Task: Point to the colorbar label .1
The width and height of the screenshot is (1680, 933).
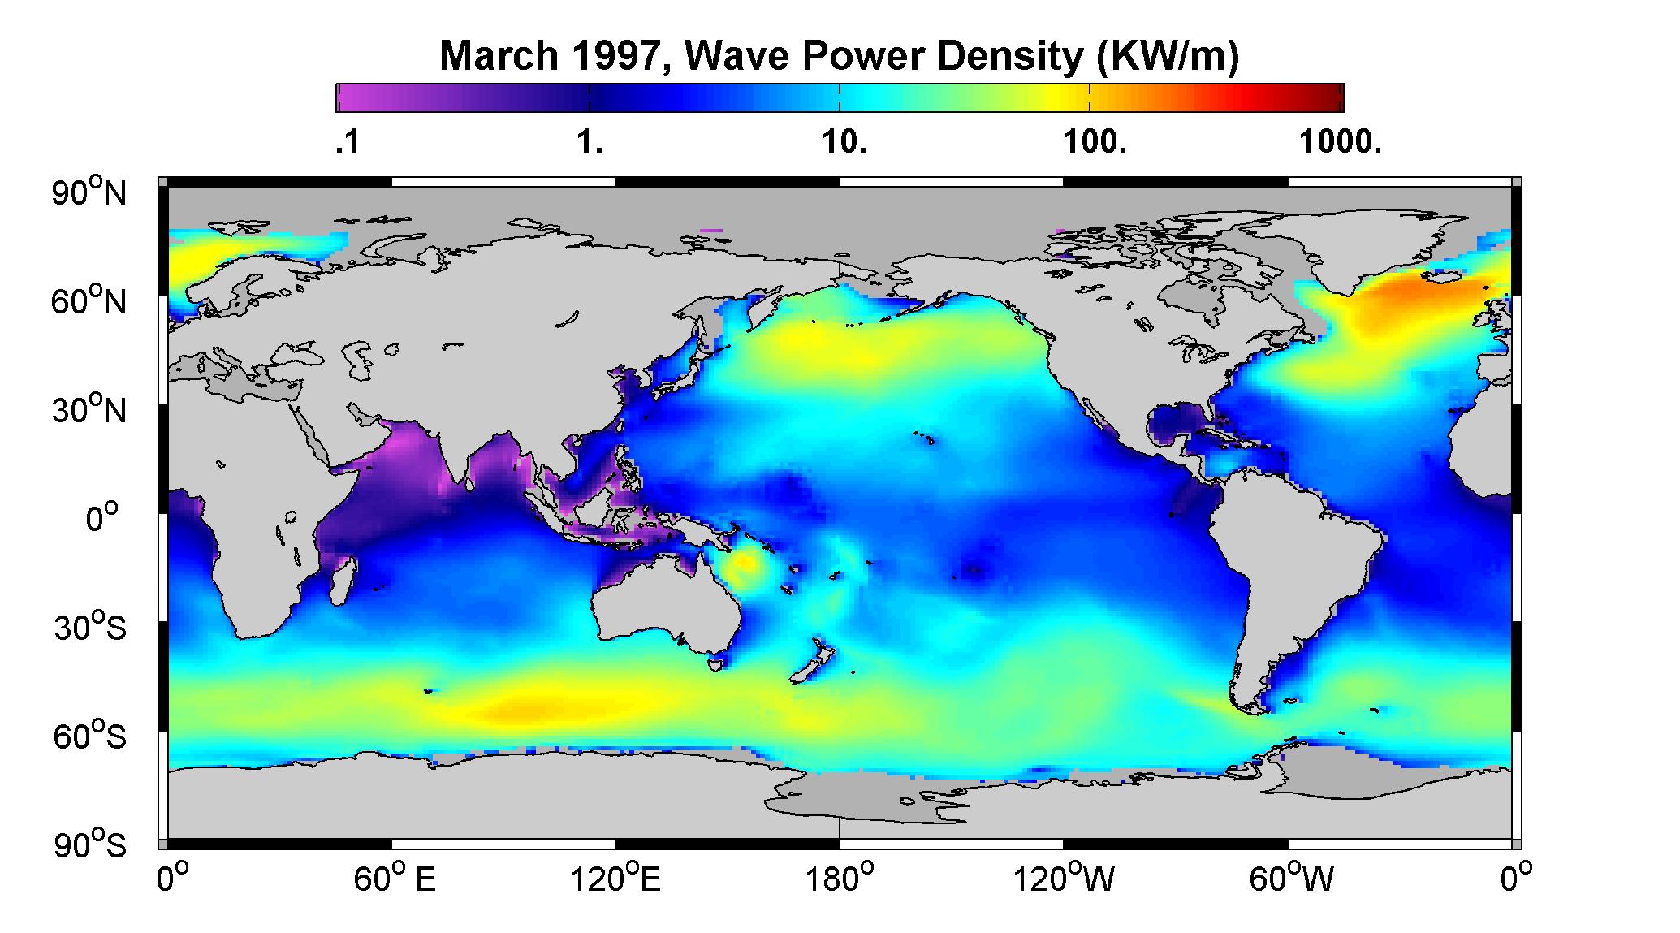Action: [x=347, y=143]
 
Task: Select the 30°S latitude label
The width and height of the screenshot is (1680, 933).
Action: [x=90, y=627]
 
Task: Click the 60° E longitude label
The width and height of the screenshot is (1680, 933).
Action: [x=395, y=879]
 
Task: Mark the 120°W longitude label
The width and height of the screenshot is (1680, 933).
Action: [x=1065, y=879]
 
